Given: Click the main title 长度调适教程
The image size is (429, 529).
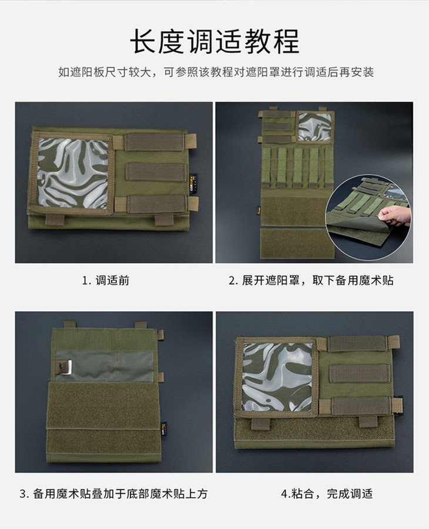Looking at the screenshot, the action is click(x=214, y=42).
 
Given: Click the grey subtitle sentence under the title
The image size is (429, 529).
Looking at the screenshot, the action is click(x=216, y=72).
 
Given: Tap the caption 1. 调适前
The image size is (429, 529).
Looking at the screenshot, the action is click(x=106, y=280).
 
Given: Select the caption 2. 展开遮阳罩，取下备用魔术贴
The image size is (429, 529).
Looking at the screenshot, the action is click(x=311, y=280).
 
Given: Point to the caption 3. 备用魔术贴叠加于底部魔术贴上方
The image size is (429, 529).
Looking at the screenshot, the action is click(x=113, y=494).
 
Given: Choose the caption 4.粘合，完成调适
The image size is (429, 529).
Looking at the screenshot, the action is click(x=327, y=494).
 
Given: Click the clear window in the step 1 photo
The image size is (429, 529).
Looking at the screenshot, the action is click(x=73, y=174).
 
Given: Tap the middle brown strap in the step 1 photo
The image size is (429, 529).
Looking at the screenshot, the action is click(x=156, y=171).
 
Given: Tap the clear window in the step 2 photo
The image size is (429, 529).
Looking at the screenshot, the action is click(x=315, y=127).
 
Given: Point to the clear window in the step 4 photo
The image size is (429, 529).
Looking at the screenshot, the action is click(x=277, y=377).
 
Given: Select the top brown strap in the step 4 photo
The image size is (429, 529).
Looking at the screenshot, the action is click(x=357, y=344).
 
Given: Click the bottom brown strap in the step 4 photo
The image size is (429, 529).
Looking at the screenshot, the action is click(x=361, y=406).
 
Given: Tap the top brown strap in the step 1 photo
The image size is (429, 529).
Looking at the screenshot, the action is click(x=155, y=142).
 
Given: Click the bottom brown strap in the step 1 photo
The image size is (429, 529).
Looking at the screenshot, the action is click(x=157, y=204).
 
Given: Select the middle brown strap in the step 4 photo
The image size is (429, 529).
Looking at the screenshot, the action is click(x=359, y=374).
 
